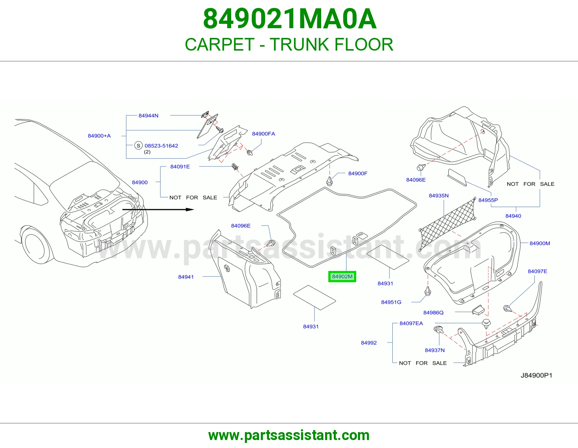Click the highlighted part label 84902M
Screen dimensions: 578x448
pyautogui.click(x=342, y=276)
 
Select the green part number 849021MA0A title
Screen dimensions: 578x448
pyautogui.click(x=289, y=19)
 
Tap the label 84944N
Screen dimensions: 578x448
pyautogui.click(x=148, y=116)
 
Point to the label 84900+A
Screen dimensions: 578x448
pyautogui.click(x=99, y=136)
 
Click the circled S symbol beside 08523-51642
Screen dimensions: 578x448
pyautogui.click(x=138, y=146)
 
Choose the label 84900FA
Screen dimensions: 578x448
pyautogui.click(x=264, y=134)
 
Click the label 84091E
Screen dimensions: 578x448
pyautogui.click(x=180, y=167)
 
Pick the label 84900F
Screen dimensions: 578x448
pyautogui.click(x=358, y=173)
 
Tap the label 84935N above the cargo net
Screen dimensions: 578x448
pyautogui.click(x=439, y=196)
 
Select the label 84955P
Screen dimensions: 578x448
pyautogui.click(x=488, y=200)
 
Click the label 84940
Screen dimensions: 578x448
pyautogui.click(x=513, y=216)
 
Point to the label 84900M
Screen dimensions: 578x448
pyautogui.click(x=540, y=244)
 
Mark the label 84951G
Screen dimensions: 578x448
pyautogui.click(x=391, y=302)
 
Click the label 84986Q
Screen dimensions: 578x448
pyautogui.click(x=433, y=313)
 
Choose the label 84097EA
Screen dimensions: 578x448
pyautogui.click(x=411, y=323)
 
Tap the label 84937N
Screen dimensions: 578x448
pyautogui.click(x=435, y=350)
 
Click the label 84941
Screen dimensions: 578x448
pyautogui.click(x=186, y=277)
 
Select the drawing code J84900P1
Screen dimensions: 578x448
pyautogui.click(x=536, y=375)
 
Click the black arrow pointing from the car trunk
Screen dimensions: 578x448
pyautogui.click(x=158, y=210)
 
